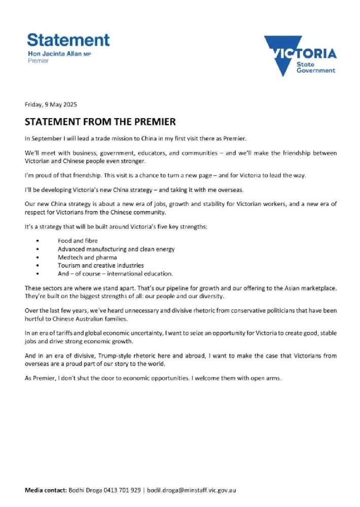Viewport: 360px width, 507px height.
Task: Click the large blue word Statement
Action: [x=68, y=40]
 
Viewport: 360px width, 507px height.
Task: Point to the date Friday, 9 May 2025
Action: [x=51, y=105]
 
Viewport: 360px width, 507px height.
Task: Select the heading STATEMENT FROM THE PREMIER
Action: [x=100, y=122]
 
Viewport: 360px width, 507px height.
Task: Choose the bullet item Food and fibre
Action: [x=78, y=241]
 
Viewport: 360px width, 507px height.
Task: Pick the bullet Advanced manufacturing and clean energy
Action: [x=116, y=249]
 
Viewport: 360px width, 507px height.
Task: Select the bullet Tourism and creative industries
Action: [x=100, y=265]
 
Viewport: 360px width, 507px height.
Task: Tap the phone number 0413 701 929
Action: [x=122, y=490]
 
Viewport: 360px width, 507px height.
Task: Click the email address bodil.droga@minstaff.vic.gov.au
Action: [x=192, y=490]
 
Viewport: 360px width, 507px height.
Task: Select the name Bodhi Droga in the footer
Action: [x=85, y=490]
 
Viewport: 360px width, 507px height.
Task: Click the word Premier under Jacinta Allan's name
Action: [x=38, y=60]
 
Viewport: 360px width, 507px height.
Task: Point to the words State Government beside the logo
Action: [x=315, y=67]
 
